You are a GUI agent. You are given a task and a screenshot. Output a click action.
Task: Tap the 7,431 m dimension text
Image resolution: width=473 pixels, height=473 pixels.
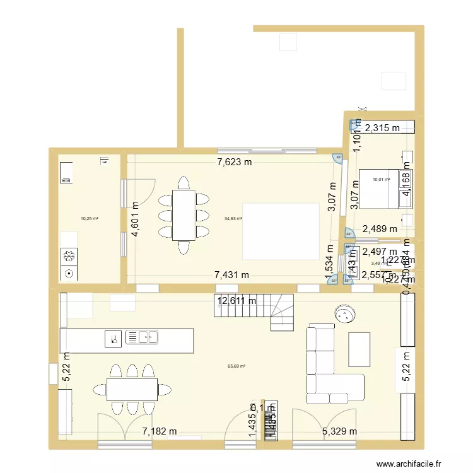[232, 275]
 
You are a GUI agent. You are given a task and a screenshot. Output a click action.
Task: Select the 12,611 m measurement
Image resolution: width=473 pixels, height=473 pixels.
[237, 301]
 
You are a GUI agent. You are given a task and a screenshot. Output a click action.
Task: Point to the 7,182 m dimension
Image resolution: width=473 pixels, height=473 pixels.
[159, 431]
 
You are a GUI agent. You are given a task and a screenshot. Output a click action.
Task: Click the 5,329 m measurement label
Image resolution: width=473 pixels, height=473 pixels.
[339, 431]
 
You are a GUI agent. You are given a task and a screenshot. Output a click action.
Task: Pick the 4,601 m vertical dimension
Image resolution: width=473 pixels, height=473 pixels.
[135, 218]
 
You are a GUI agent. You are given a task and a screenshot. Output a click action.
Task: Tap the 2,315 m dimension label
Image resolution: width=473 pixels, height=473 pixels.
[383, 128]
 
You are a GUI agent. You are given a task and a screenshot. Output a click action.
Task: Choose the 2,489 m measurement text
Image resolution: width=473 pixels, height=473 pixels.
[379, 230]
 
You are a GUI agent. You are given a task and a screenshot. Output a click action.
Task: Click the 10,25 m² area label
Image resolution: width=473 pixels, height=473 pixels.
[89, 219]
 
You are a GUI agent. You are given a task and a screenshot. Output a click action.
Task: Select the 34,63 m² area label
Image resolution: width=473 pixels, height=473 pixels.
[233, 219]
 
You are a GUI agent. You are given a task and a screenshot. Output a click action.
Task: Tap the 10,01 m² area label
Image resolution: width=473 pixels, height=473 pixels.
[381, 180]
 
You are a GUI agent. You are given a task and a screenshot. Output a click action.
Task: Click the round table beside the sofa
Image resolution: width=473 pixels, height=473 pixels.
[344, 313]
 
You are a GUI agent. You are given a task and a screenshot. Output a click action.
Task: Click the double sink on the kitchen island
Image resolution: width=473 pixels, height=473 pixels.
[142, 337]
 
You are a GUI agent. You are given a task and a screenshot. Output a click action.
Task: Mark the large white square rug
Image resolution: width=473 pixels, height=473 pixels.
[280, 231]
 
